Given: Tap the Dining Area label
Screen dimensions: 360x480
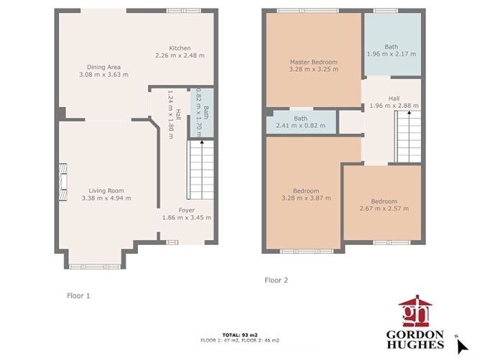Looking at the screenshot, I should pos(103,66).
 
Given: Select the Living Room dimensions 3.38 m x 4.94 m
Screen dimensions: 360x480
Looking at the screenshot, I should pos(106,198).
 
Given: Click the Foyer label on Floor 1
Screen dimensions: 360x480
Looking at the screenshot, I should pos(187,210).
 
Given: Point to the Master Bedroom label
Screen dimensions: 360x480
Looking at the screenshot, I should pos(313,62).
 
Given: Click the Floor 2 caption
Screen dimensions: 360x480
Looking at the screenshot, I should pos(276,280).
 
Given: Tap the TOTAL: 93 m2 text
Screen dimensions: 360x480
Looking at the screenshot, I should pos(239,334).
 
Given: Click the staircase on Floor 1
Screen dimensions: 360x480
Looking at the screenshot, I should pos(200,170).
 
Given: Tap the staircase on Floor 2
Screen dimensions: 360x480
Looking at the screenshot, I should pos(407,137).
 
